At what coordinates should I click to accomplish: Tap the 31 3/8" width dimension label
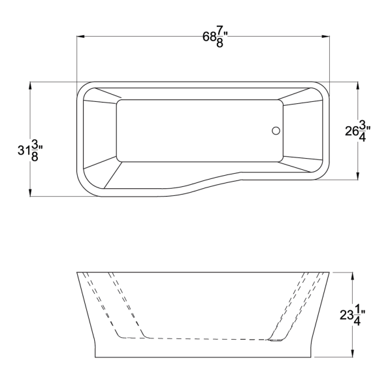click(30, 150)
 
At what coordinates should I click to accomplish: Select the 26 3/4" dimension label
click(358, 131)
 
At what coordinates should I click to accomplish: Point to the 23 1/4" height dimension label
click(352, 316)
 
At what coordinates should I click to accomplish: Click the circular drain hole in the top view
click(276, 131)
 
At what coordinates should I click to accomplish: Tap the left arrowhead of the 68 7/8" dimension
click(80, 37)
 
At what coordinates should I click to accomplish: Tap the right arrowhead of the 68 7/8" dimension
click(326, 37)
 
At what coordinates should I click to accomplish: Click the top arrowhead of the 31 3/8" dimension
click(30, 86)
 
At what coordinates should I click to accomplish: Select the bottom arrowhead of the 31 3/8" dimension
click(30, 193)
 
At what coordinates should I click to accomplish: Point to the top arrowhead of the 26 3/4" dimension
click(358, 86)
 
